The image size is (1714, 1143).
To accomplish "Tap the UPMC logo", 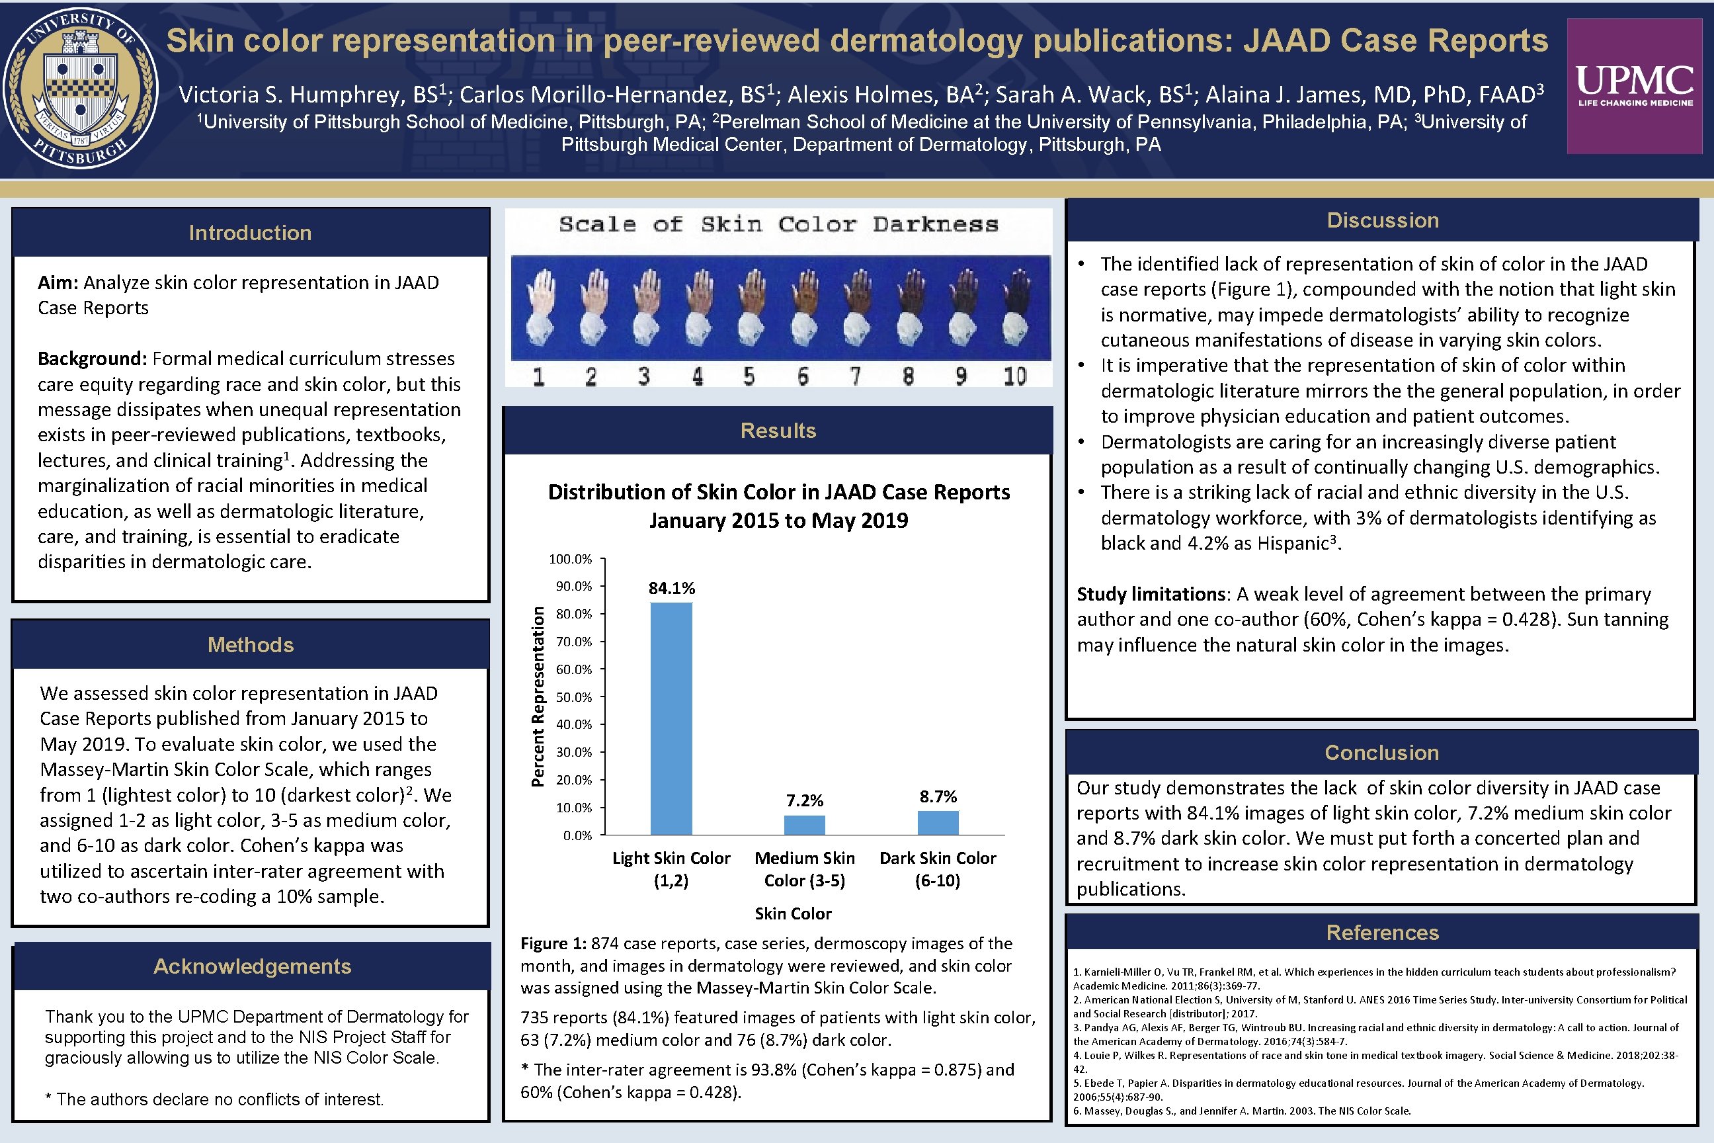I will [x=1635, y=86].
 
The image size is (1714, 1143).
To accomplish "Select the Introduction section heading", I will [x=250, y=233].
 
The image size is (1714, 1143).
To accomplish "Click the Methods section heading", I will [x=250, y=644].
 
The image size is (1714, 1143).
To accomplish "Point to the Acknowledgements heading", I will [x=252, y=966].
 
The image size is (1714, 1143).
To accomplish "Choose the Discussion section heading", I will [x=1383, y=220].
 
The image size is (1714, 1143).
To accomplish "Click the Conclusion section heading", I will [x=1381, y=752].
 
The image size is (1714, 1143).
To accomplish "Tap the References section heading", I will [x=1381, y=933].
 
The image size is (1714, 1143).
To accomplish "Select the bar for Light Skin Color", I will [x=671, y=718].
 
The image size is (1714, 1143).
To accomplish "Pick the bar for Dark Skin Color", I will [x=938, y=822].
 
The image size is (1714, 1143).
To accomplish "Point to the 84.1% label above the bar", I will [x=671, y=587].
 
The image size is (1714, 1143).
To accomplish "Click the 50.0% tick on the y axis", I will [x=573, y=697].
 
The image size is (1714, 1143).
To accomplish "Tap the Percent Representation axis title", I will [x=538, y=696].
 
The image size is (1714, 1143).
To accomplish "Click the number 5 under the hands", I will [x=749, y=376].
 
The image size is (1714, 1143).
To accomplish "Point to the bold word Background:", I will [x=93, y=359].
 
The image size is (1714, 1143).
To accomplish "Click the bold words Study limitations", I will [x=1151, y=594].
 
